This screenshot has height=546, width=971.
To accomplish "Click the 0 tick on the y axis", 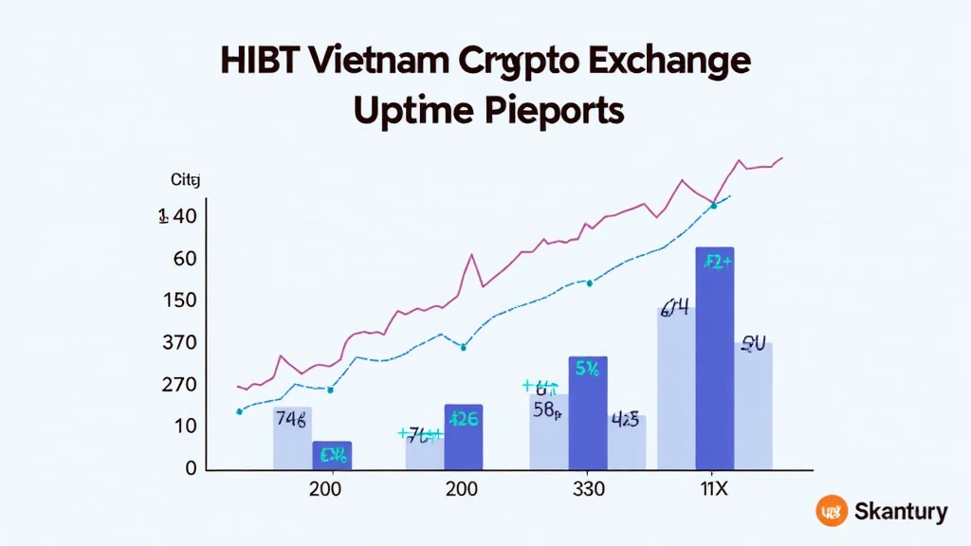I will pyautogui.click(x=191, y=467).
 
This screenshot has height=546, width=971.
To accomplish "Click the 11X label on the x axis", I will pyautogui.click(x=715, y=489).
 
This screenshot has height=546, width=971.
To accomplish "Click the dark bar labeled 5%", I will pyautogui.click(x=587, y=413).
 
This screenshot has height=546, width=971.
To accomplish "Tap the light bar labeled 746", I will pyautogui.click(x=292, y=438).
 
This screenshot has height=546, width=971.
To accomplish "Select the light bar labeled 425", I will pyautogui.click(x=626, y=442).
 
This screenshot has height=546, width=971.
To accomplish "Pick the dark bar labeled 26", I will pyautogui.click(x=463, y=436).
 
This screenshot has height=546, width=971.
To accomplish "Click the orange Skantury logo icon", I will pyautogui.click(x=831, y=512).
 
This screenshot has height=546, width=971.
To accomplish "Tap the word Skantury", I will pyautogui.click(x=900, y=513).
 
